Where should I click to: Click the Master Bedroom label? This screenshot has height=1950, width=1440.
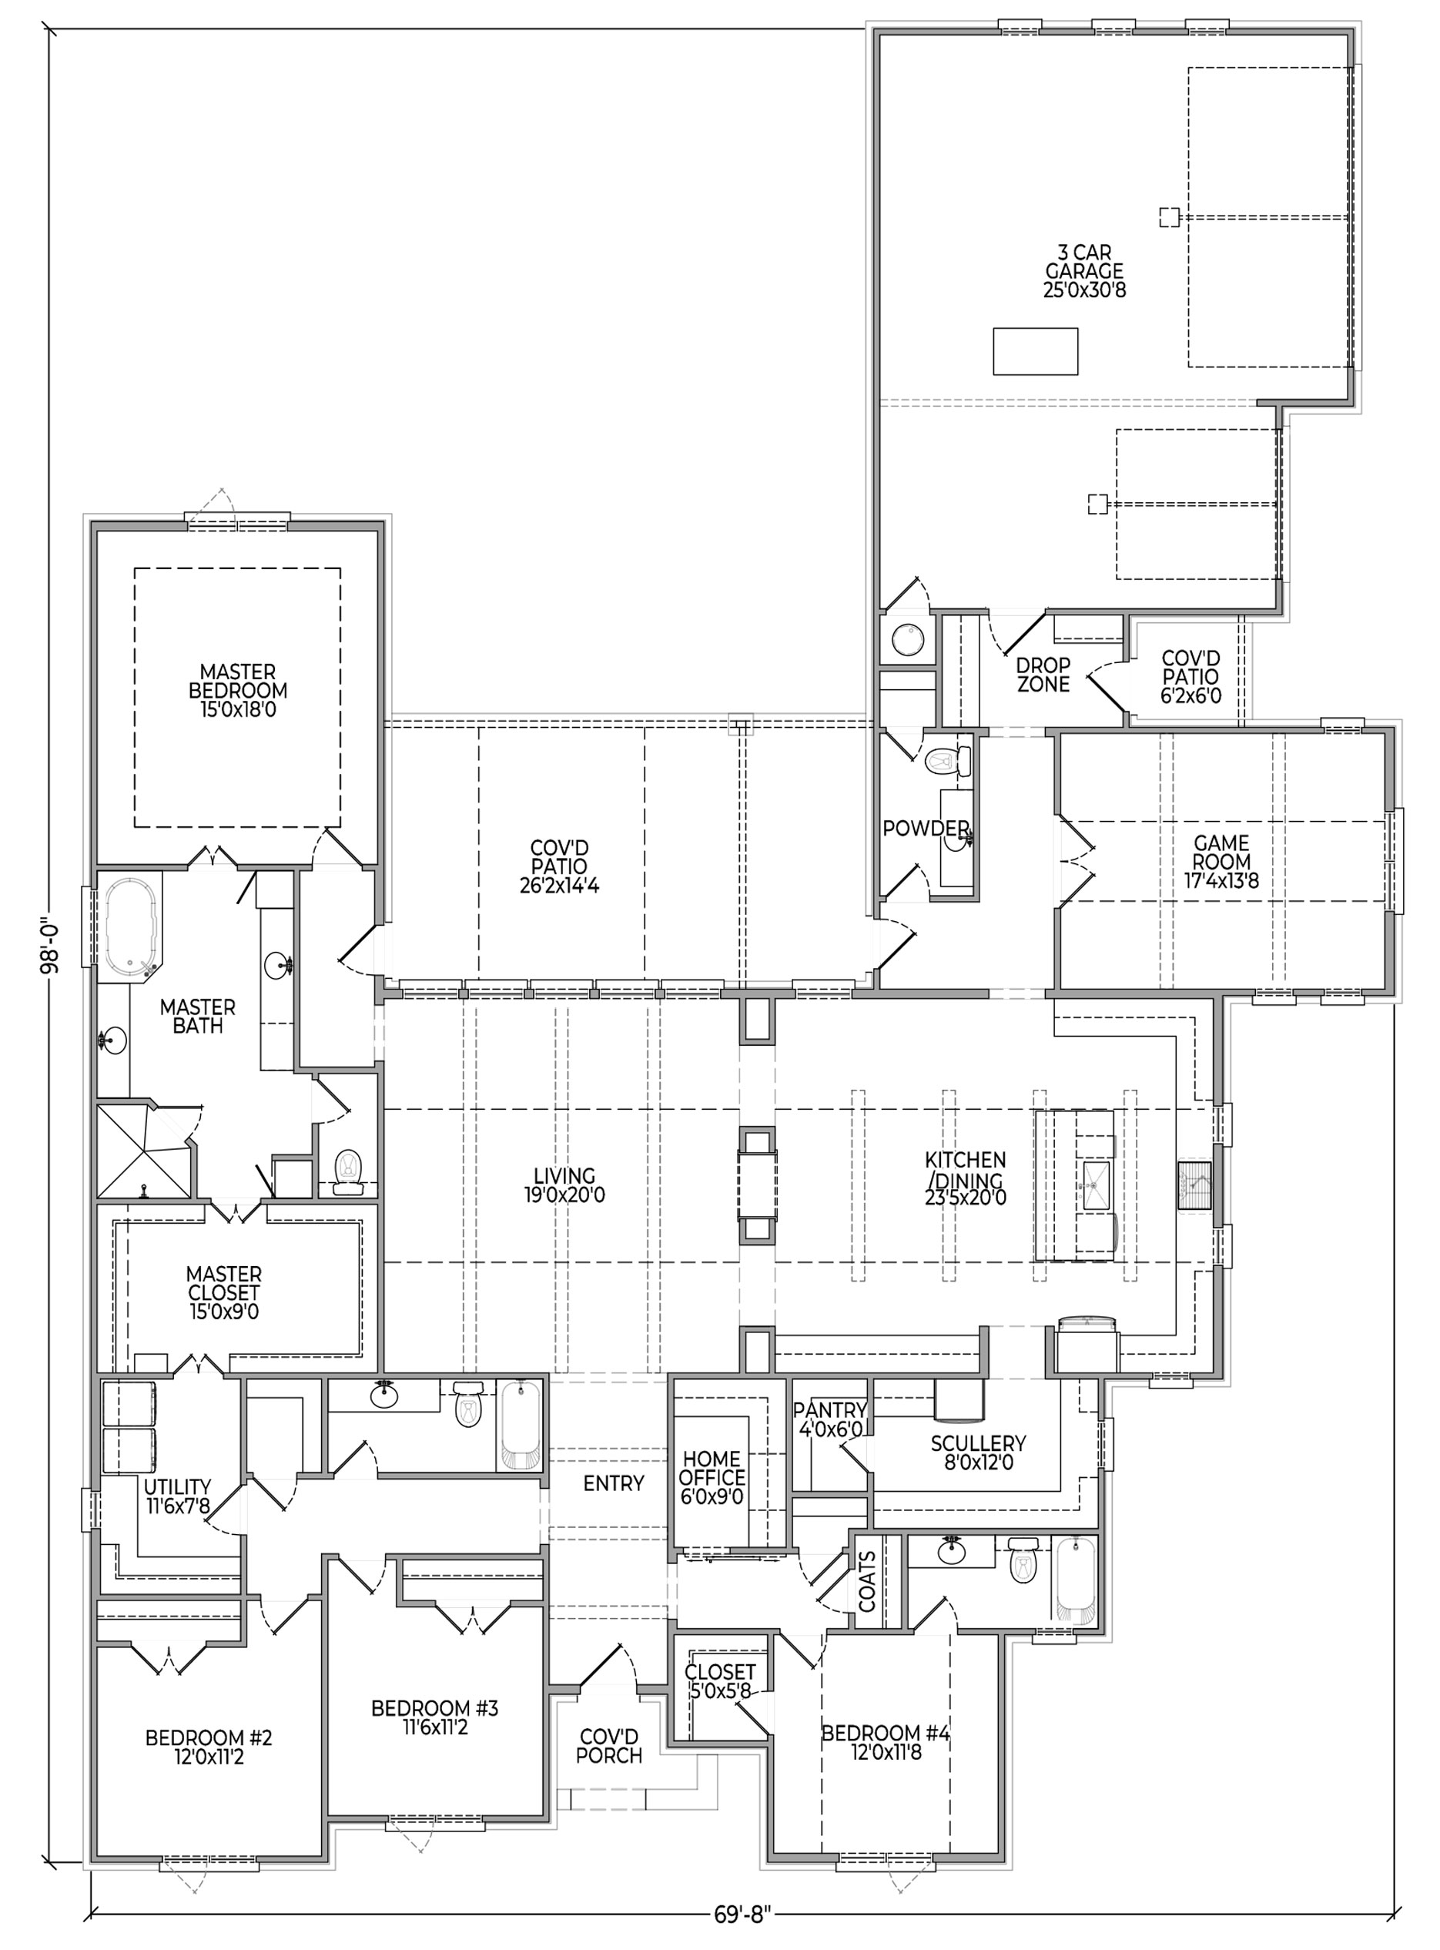tap(238, 690)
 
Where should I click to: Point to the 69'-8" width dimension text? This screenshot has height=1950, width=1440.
tap(741, 1932)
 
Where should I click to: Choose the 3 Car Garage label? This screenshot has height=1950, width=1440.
tap(1084, 271)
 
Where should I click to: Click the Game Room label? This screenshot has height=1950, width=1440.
tap(1221, 861)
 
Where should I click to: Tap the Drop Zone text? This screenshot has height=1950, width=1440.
tap(1043, 675)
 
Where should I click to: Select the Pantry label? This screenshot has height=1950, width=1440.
tap(830, 1409)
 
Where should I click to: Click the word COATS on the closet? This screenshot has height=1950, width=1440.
tap(866, 1580)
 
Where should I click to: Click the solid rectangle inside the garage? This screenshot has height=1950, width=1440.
tap(1036, 351)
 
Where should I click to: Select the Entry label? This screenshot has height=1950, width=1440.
tap(614, 1483)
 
